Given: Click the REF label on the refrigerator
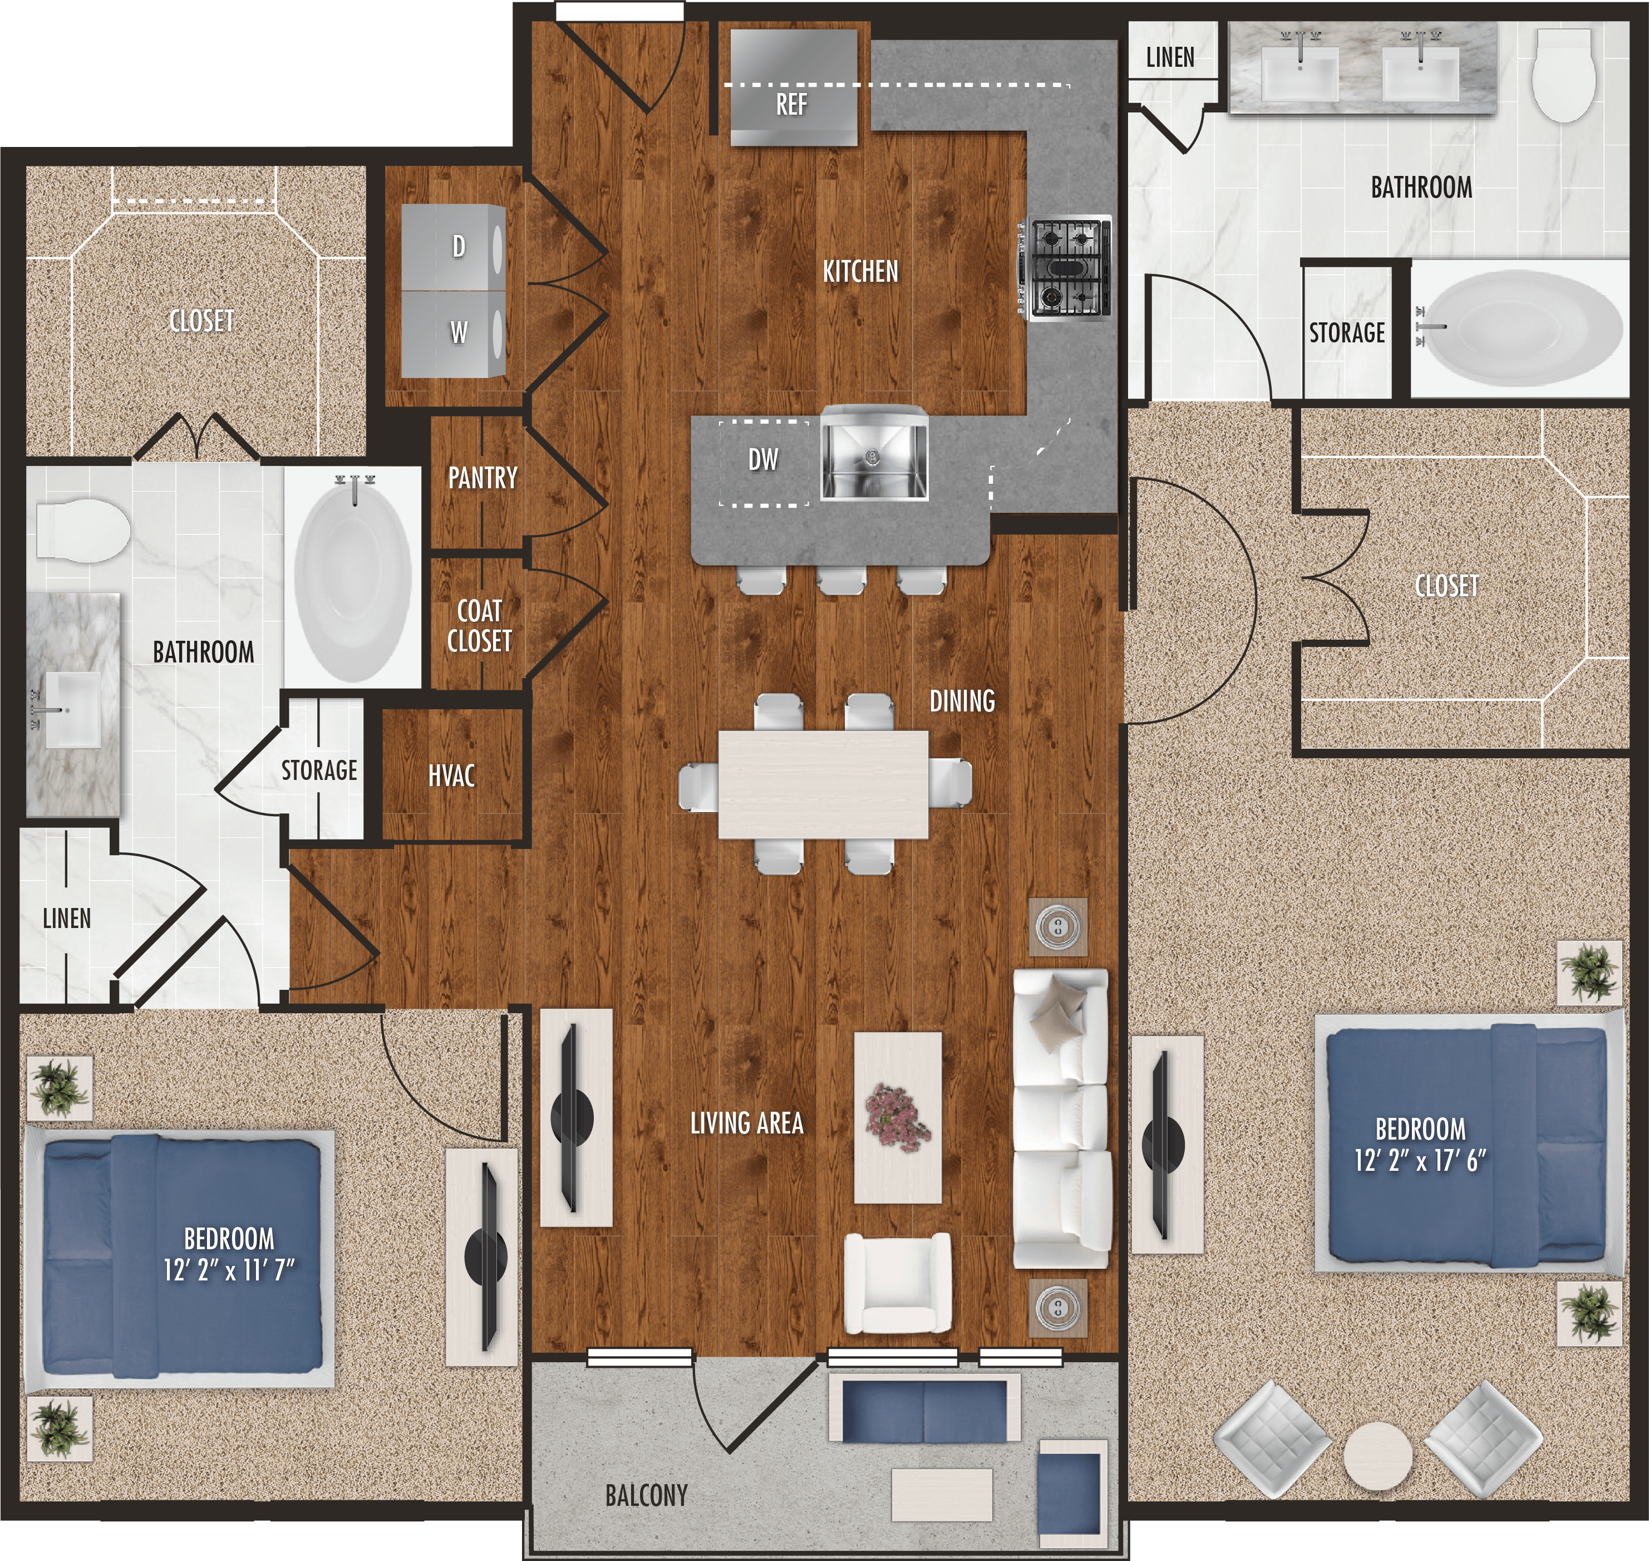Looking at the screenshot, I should (x=791, y=105).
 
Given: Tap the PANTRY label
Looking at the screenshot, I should (x=483, y=478).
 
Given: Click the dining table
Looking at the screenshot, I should (x=823, y=784).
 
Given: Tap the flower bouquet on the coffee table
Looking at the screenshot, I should (x=897, y=1117).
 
